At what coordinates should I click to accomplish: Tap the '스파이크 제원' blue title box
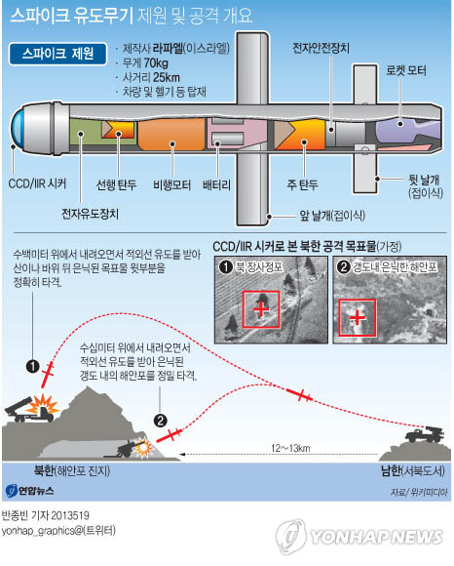(x=58, y=54)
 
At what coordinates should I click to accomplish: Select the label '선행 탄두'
(x=116, y=185)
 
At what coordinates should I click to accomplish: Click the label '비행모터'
(x=171, y=185)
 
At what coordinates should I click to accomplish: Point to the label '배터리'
(x=216, y=185)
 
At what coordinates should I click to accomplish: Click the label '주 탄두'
(x=303, y=184)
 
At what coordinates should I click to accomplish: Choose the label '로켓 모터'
(x=406, y=70)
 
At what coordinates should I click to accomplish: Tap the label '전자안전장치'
(x=321, y=48)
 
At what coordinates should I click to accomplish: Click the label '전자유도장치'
(x=90, y=214)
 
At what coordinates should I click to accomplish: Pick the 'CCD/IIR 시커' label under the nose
(x=37, y=183)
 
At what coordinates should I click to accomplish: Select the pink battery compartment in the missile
(x=236, y=134)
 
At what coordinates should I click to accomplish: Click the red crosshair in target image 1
(x=261, y=309)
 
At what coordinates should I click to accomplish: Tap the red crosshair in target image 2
(x=358, y=318)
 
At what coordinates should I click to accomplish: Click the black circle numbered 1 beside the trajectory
(x=33, y=366)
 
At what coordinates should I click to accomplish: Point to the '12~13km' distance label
(x=290, y=448)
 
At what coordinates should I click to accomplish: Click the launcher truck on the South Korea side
(x=425, y=434)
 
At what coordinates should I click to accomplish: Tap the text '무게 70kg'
(x=145, y=63)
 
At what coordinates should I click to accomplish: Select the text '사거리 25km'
(x=151, y=77)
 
